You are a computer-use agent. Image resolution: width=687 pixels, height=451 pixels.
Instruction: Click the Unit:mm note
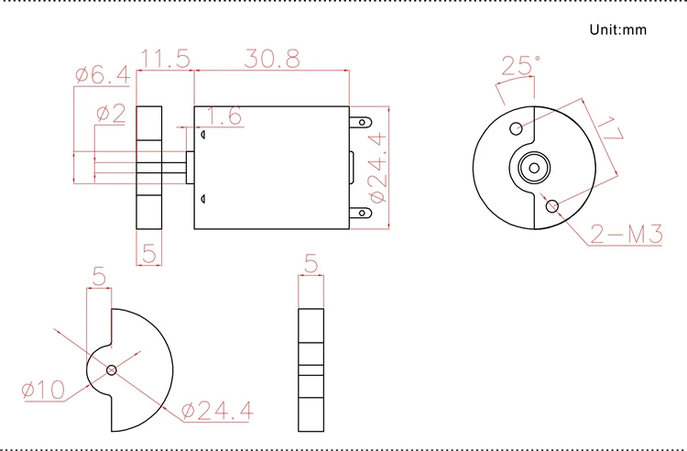[x=617, y=30]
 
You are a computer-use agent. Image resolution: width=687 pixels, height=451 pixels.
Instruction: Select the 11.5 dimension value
[x=165, y=59]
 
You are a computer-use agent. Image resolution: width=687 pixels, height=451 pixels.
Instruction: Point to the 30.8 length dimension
[x=272, y=59]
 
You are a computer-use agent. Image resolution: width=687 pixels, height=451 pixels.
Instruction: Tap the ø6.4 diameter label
[x=103, y=75]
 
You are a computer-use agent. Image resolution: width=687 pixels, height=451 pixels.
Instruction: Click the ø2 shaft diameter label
[x=111, y=114]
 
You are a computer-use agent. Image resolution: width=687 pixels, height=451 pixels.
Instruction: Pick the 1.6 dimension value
[x=224, y=116]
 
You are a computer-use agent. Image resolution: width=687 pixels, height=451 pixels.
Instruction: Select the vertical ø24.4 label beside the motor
[x=378, y=168]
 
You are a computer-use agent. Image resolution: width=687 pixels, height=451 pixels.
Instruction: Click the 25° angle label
[x=520, y=65]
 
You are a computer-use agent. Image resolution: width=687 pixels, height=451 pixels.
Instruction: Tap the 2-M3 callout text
[x=627, y=234]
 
